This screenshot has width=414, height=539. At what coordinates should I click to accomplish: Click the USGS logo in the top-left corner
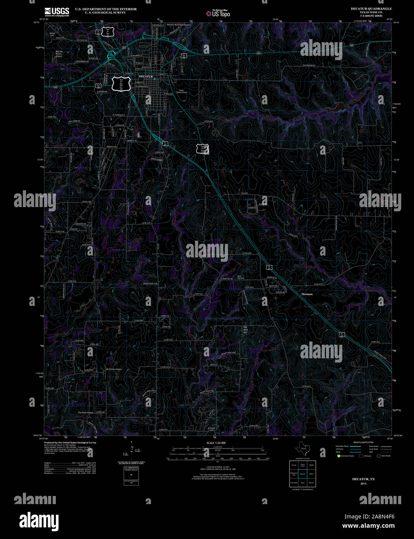57,12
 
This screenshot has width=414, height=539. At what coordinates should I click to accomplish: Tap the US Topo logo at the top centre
218,13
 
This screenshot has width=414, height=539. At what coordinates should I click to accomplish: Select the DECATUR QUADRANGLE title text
371,9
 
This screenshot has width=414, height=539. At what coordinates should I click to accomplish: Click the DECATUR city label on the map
146,77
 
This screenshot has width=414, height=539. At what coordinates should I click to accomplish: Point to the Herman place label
307,294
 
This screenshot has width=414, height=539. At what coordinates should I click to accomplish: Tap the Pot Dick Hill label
245,330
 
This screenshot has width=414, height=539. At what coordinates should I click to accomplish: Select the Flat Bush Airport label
86,413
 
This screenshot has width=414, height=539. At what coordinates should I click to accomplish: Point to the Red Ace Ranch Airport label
59,54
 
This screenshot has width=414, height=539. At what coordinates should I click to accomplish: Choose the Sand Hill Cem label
241,277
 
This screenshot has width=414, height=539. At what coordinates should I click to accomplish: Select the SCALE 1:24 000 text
216,443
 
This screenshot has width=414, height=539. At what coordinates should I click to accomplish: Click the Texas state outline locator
301,449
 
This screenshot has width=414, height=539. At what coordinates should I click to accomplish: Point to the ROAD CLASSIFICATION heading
363,442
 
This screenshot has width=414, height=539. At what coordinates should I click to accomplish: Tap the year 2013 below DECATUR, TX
363,484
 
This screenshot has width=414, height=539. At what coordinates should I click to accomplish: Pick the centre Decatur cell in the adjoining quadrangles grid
303,474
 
